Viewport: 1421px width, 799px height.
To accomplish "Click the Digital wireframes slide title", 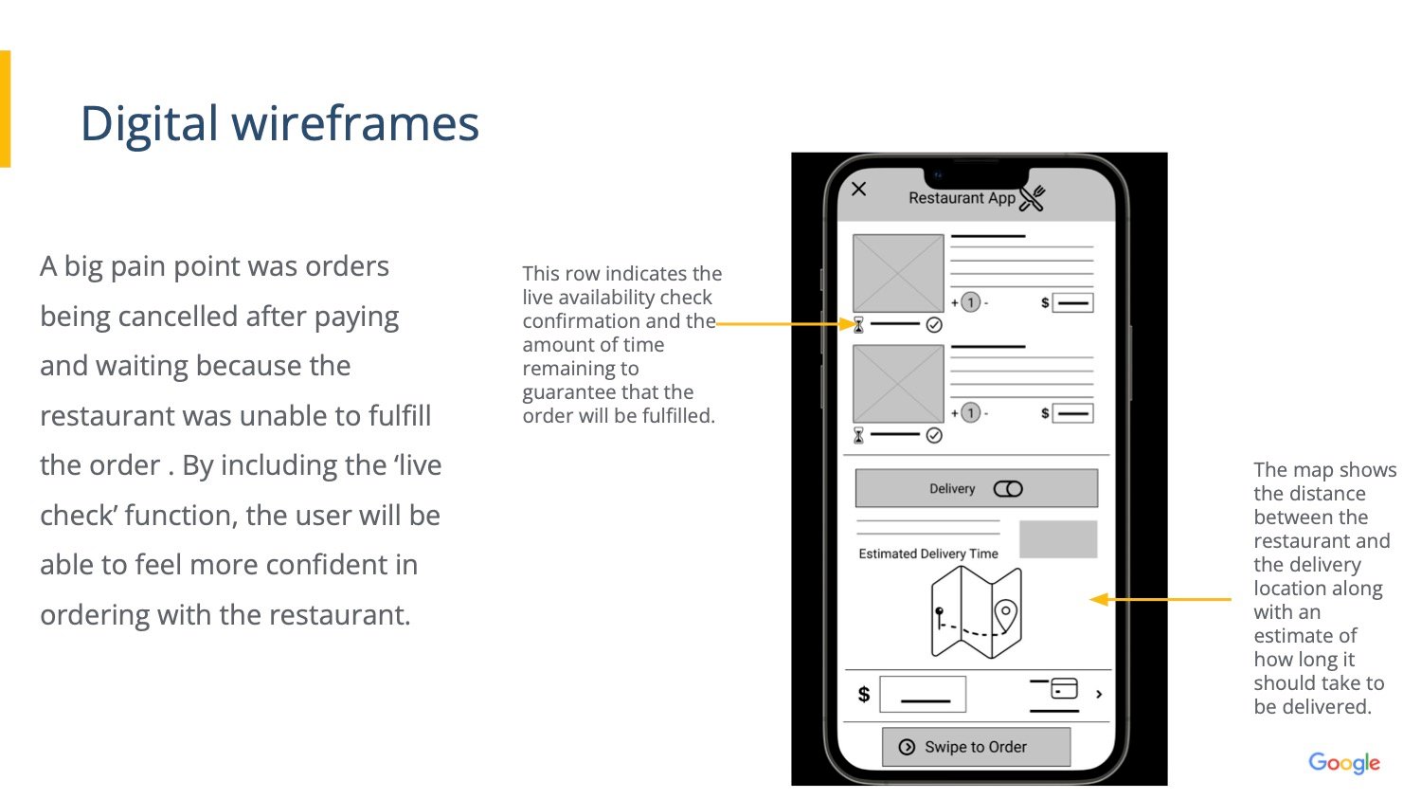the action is click(x=279, y=123).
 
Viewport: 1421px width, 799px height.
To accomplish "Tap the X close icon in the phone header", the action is click(x=858, y=190).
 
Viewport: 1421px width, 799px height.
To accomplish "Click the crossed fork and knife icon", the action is click(x=1033, y=198).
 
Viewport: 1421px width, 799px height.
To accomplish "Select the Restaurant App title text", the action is click(x=962, y=198).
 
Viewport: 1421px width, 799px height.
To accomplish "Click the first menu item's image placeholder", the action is click(x=898, y=273).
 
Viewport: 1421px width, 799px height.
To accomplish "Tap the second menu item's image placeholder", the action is click(x=898, y=383).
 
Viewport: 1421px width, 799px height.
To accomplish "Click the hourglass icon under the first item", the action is click(x=858, y=325).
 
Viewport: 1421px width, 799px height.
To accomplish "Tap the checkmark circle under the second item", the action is click(x=934, y=435).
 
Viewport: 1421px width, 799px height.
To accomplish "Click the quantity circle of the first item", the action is click(x=971, y=302).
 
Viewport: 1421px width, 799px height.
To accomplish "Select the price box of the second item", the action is click(x=1072, y=414).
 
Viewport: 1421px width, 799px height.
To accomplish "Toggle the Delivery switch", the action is click(x=1008, y=489).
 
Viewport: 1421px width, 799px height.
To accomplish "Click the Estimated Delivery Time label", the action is click(x=928, y=554).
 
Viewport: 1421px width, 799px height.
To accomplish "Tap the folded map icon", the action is click(x=977, y=612).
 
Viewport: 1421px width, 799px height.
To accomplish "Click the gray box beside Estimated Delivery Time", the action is click(x=1058, y=539).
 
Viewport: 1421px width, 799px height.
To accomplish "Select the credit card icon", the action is click(x=1065, y=688).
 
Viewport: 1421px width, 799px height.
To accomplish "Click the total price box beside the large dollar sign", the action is click(x=923, y=695).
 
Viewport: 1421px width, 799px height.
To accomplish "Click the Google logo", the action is click(x=1344, y=763).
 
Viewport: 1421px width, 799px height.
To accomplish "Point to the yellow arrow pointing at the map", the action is click(x=1160, y=599).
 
